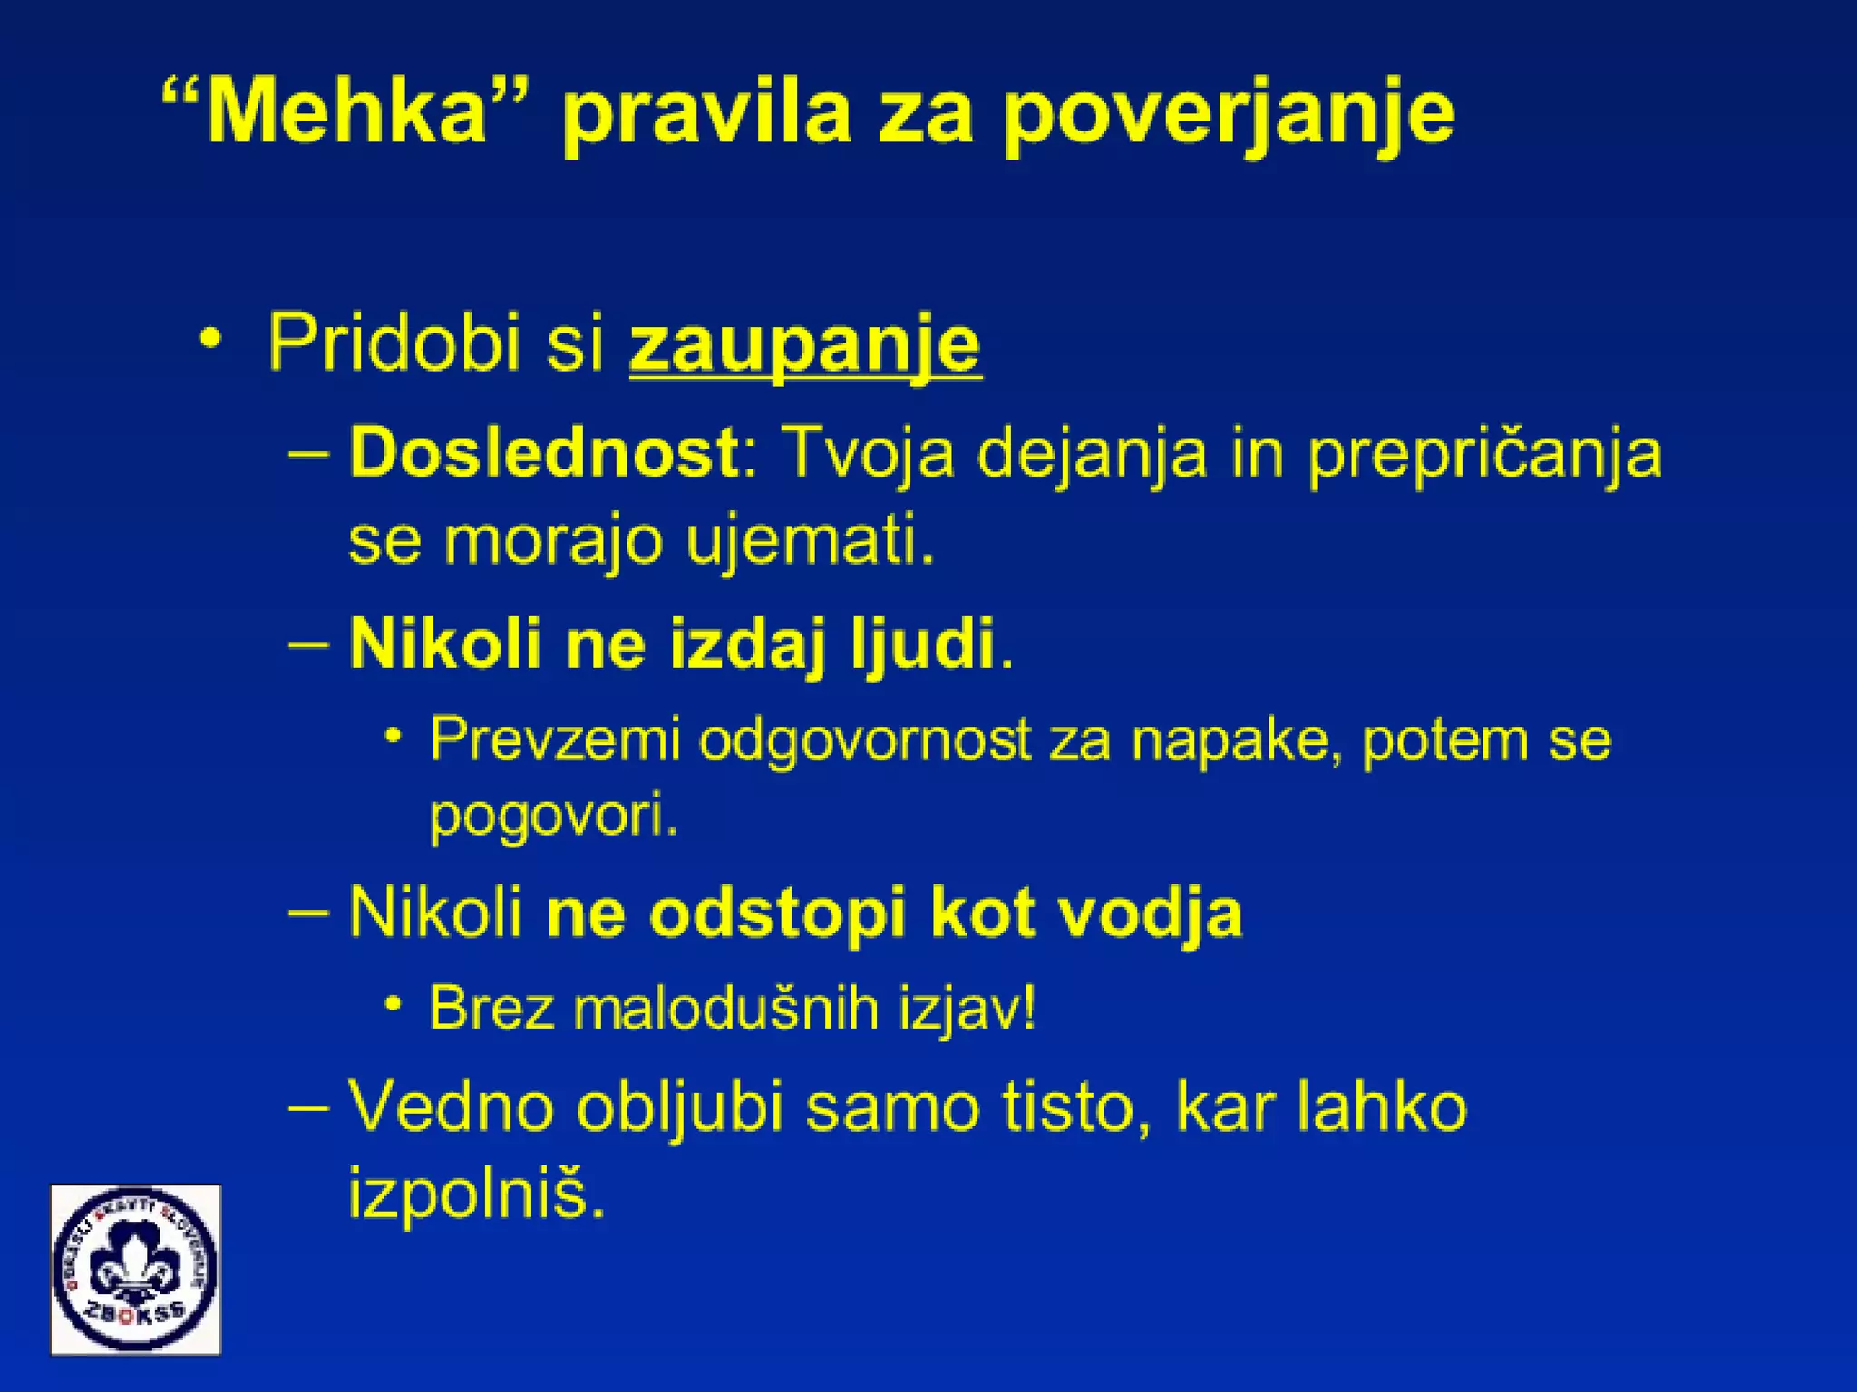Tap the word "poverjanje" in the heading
pos(1229,115)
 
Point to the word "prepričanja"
pos(1484,454)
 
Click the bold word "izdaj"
pos(749,644)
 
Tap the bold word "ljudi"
pos(922,644)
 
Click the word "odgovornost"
pos(865,741)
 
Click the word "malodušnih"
pos(726,1008)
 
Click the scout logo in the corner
pos(136,1269)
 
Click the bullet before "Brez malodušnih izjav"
pos(393,1004)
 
